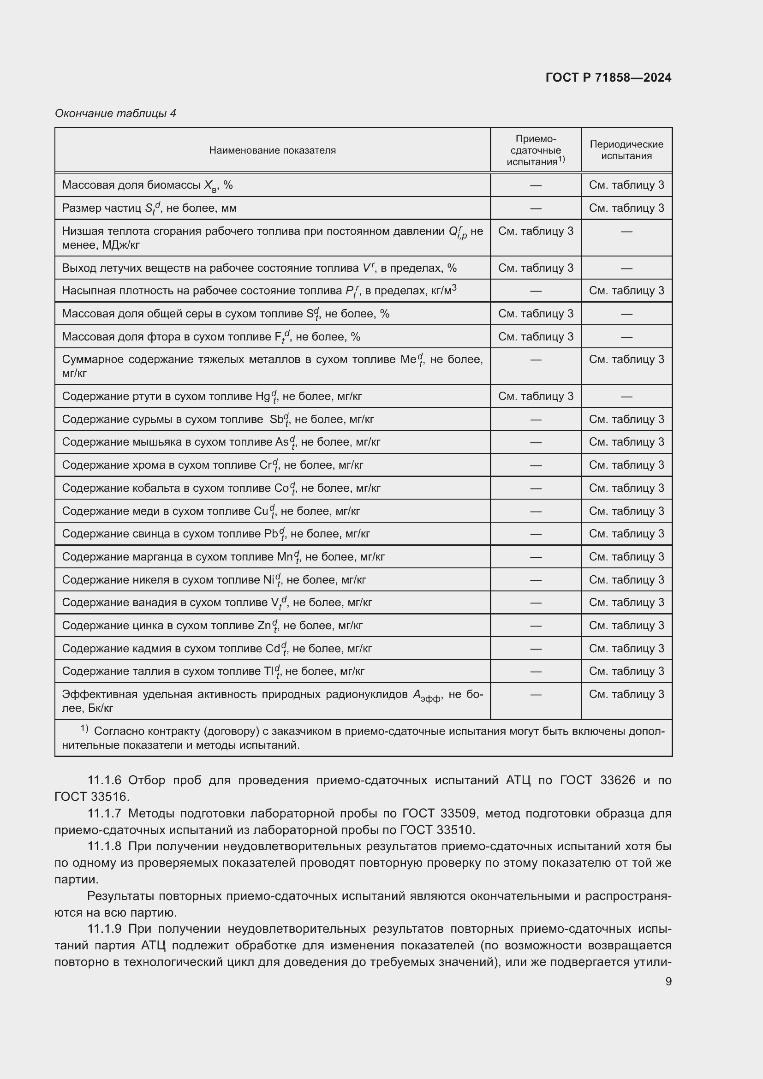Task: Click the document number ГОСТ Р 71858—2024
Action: coord(608,77)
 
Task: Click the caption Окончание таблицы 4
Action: coord(115,113)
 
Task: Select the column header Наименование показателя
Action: coord(272,150)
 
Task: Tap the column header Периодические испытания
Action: coord(626,150)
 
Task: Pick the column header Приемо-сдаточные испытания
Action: coord(535,150)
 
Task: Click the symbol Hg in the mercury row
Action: coord(262,396)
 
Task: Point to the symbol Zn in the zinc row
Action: coord(264,626)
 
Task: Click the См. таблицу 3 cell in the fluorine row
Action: coord(536,336)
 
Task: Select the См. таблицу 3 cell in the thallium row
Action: coord(626,671)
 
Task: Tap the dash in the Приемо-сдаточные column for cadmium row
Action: coord(536,649)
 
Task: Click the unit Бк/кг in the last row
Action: coord(101,708)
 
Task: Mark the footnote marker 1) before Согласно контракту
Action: coord(84,729)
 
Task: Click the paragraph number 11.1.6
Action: coord(104,781)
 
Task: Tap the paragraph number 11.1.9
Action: coord(104,929)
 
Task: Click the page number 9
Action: coord(668,981)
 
